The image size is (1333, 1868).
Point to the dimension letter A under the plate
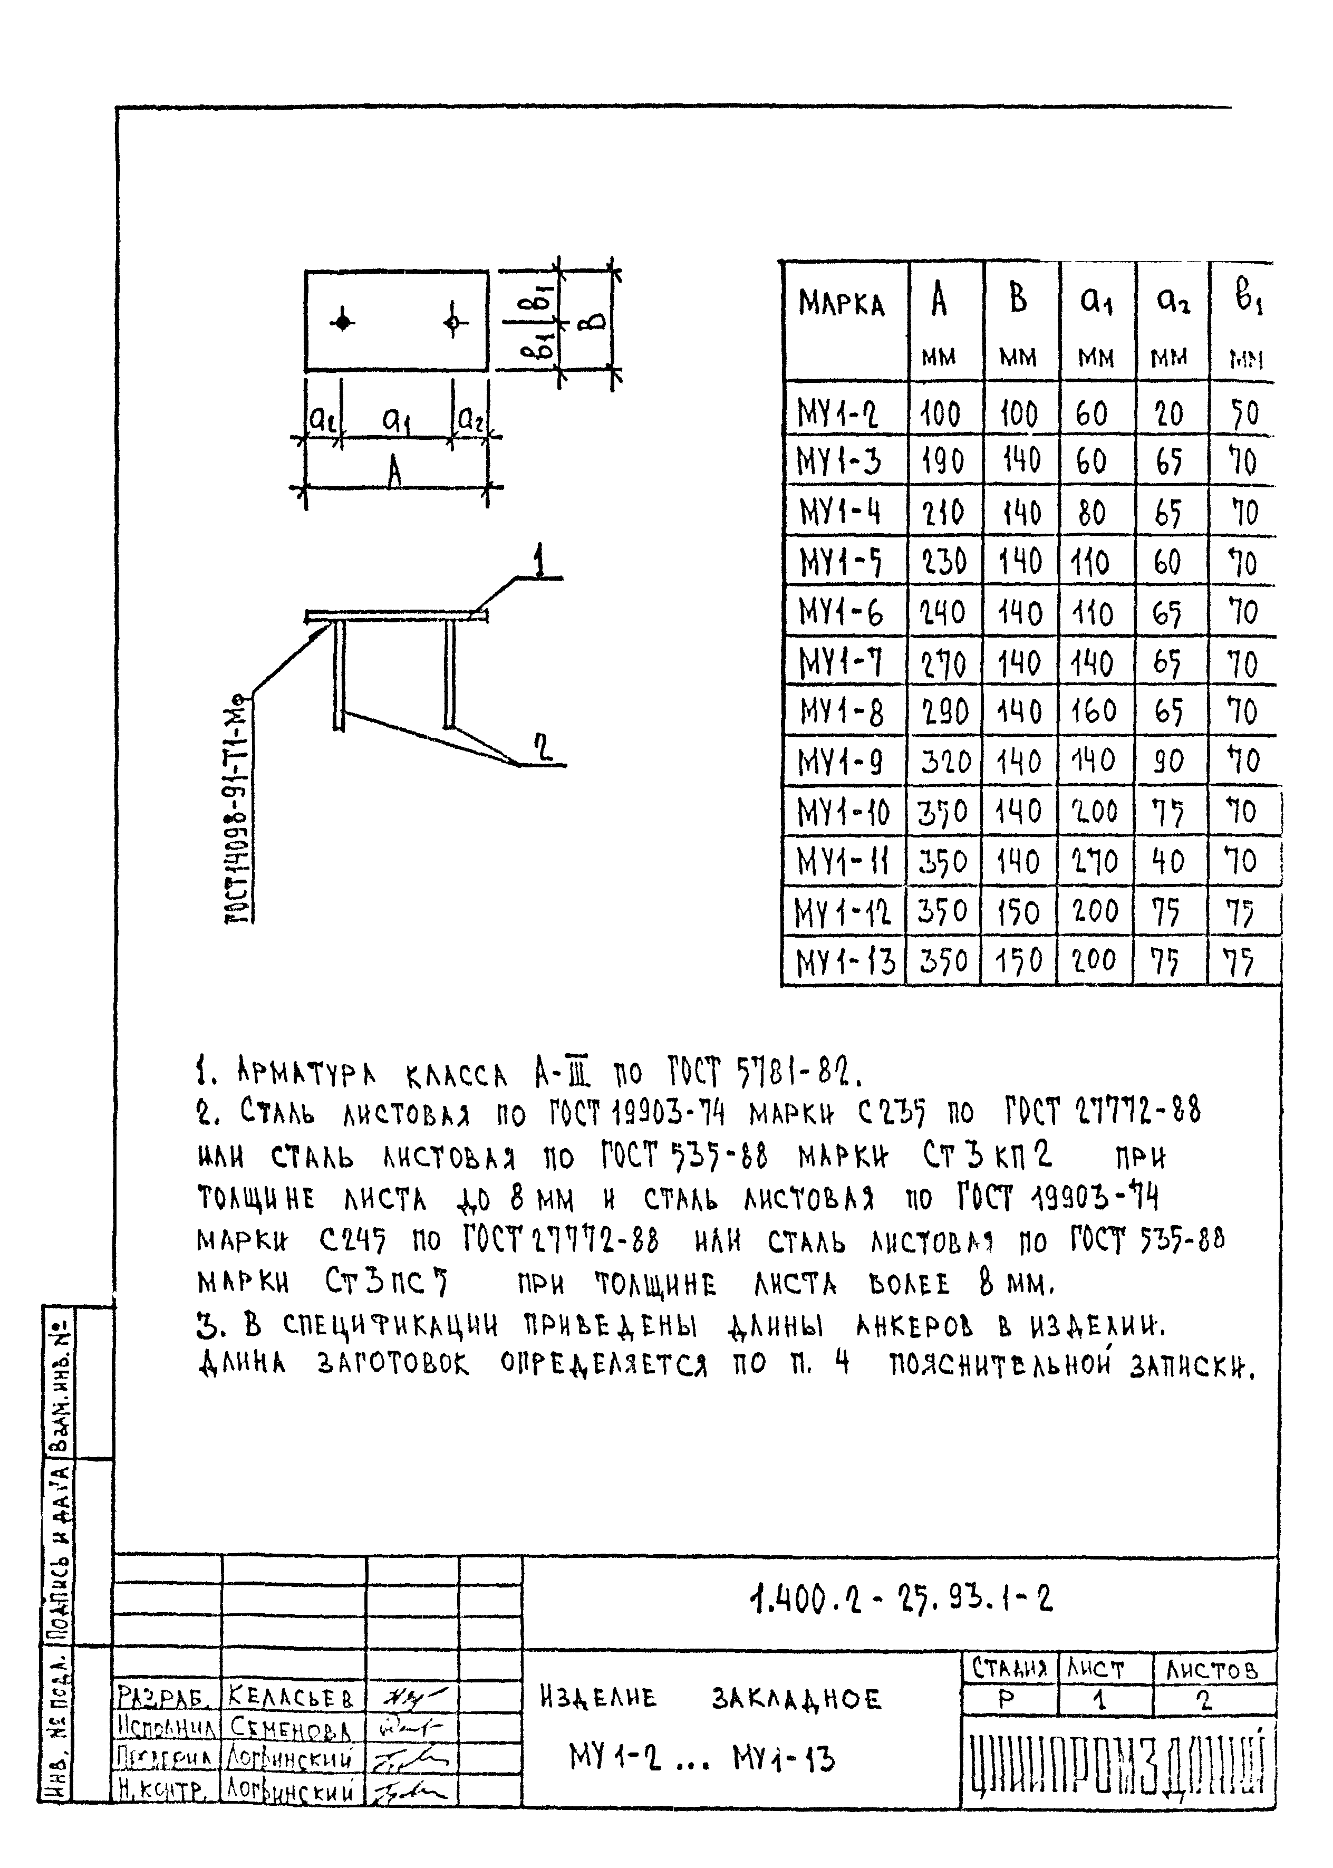[395, 473]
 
